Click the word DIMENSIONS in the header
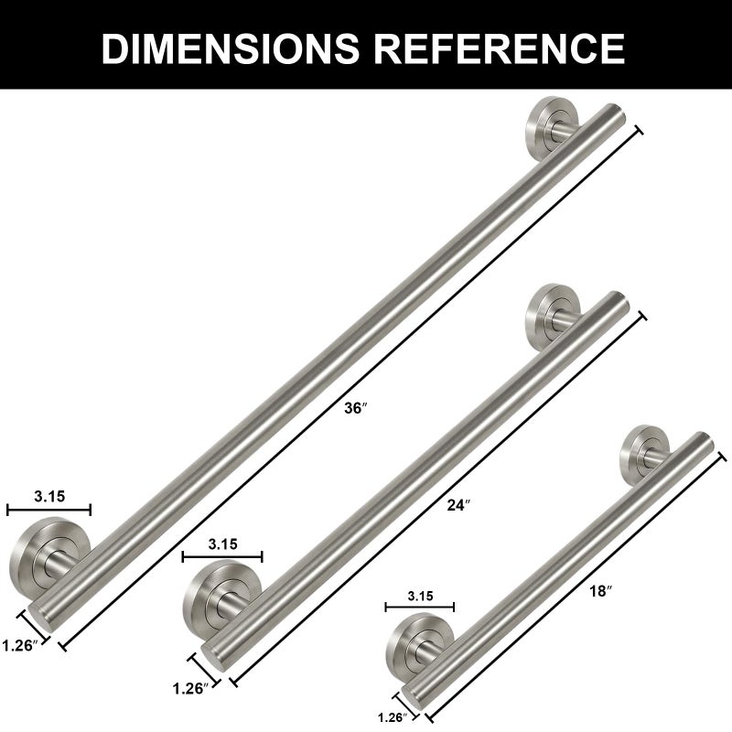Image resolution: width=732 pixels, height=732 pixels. click(x=231, y=48)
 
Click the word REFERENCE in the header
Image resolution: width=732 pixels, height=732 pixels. click(x=499, y=48)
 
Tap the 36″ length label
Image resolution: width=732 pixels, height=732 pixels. click(x=356, y=408)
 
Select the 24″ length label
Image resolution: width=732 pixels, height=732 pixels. click(x=458, y=505)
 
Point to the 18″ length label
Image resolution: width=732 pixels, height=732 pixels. click(x=600, y=591)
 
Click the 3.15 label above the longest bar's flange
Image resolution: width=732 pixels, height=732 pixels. click(x=49, y=496)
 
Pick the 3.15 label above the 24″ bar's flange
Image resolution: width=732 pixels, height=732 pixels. click(x=222, y=544)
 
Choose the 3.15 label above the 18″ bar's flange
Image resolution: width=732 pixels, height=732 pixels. click(x=420, y=596)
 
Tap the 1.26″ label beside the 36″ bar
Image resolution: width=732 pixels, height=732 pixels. click(x=19, y=646)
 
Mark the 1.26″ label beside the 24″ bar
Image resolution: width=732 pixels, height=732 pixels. click(x=190, y=688)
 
